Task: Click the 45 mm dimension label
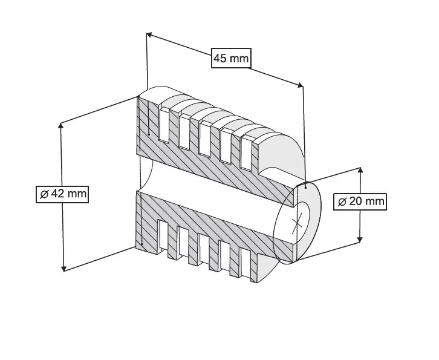click(231, 58)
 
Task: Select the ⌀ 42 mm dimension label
click(62, 194)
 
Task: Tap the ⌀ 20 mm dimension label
click(360, 201)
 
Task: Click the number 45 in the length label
click(220, 59)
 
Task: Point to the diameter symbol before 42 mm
click(44, 194)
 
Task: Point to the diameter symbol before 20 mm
click(342, 201)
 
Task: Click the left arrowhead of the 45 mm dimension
click(149, 34)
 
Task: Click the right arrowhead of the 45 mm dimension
click(300, 85)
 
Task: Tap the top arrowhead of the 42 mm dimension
click(60, 125)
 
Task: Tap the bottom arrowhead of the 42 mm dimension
click(64, 269)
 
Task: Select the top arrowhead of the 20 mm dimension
click(360, 171)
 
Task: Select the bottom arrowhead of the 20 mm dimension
click(360, 240)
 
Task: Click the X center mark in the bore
click(297, 223)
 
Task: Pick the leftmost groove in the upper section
click(164, 125)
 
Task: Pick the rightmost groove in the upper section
click(246, 153)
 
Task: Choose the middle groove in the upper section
click(205, 139)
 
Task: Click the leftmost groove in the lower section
click(163, 235)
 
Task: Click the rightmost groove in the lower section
click(246, 263)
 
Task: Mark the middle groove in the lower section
click(204, 249)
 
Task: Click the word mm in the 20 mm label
click(374, 201)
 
